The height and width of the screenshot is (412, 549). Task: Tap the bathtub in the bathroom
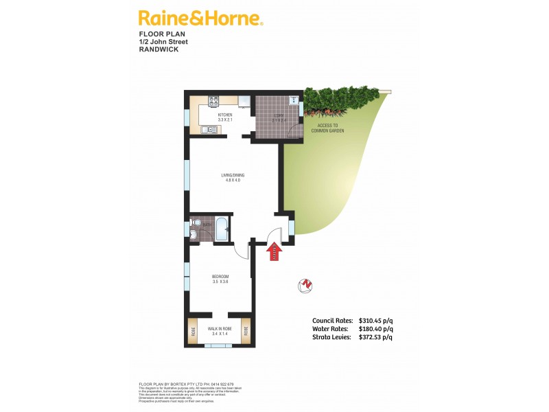(x=222, y=229)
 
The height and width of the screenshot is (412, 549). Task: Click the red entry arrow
(x=274, y=253)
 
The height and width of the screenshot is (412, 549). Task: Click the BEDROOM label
(x=220, y=278)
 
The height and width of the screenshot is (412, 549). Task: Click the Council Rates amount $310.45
(x=375, y=321)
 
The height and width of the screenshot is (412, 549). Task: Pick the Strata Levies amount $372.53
(x=375, y=337)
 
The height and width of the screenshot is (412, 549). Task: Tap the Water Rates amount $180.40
(x=375, y=329)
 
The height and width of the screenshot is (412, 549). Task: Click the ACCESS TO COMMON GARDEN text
(x=327, y=128)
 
